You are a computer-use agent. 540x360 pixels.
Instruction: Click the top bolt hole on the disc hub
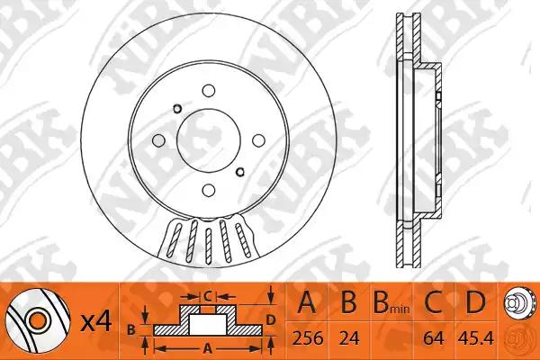click(x=209, y=91)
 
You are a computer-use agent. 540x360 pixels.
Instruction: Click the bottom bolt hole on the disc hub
click(x=209, y=190)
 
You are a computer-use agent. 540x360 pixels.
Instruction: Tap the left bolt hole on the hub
click(x=158, y=140)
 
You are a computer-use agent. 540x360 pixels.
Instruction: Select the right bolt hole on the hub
click(x=258, y=140)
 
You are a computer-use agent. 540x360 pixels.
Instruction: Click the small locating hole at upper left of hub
click(x=177, y=109)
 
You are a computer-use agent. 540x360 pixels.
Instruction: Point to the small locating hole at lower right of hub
click(x=239, y=171)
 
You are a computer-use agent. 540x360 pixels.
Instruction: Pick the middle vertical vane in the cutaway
click(x=208, y=246)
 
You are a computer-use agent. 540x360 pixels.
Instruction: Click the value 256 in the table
click(x=308, y=338)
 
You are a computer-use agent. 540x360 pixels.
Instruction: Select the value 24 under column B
click(x=349, y=338)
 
